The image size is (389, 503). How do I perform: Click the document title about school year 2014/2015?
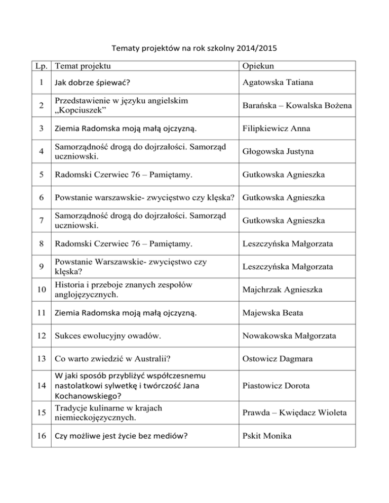(194, 50)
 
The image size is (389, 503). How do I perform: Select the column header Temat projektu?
(83, 65)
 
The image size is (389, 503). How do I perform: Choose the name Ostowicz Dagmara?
(277, 359)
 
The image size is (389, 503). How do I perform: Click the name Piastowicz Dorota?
(275, 386)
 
